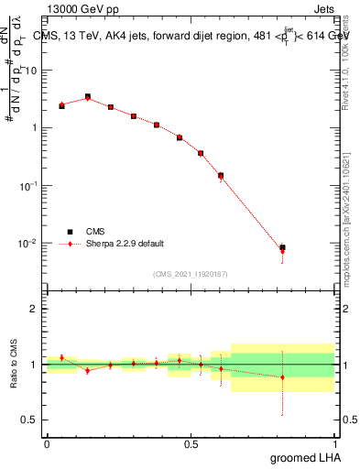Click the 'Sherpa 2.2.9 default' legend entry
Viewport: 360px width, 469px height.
click(x=113, y=244)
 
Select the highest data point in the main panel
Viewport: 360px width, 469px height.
click(x=88, y=96)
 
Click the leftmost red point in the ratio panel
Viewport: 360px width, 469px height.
click(x=61, y=358)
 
